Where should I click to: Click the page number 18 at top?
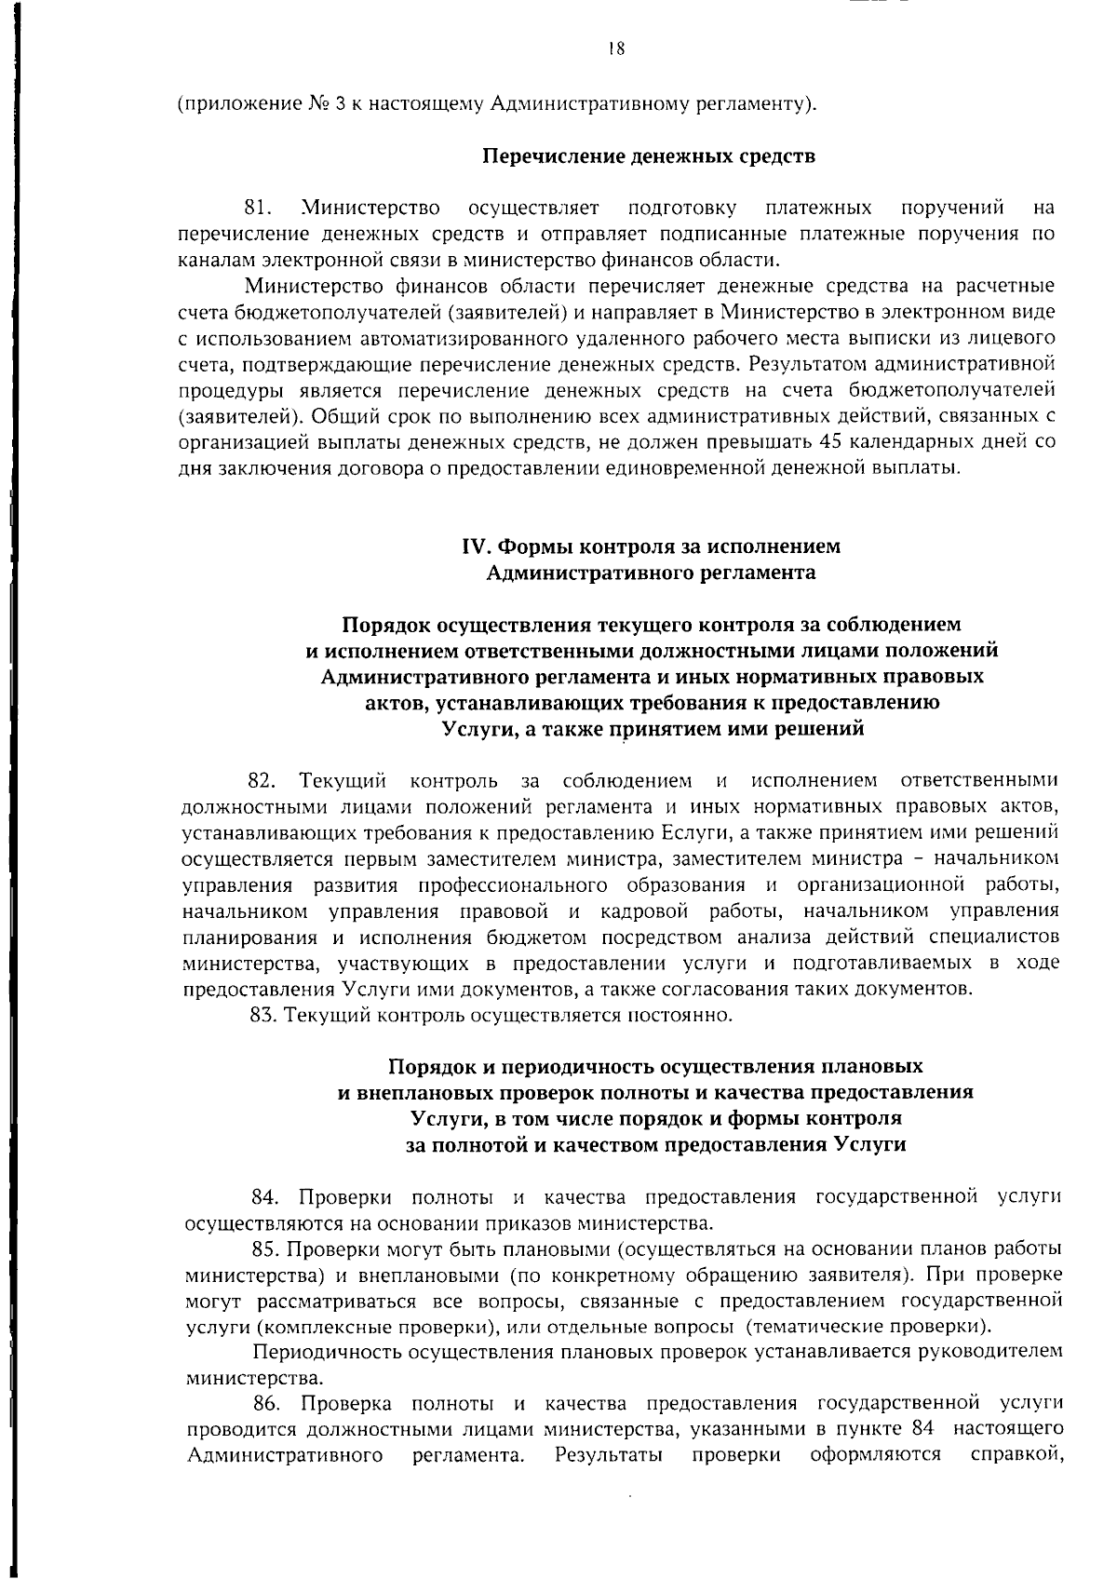[x=614, y=49]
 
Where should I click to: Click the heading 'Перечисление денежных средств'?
[x=648, y=155]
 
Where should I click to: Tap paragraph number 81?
[x=256, y=206]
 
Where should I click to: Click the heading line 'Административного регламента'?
[x=652, y=573]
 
